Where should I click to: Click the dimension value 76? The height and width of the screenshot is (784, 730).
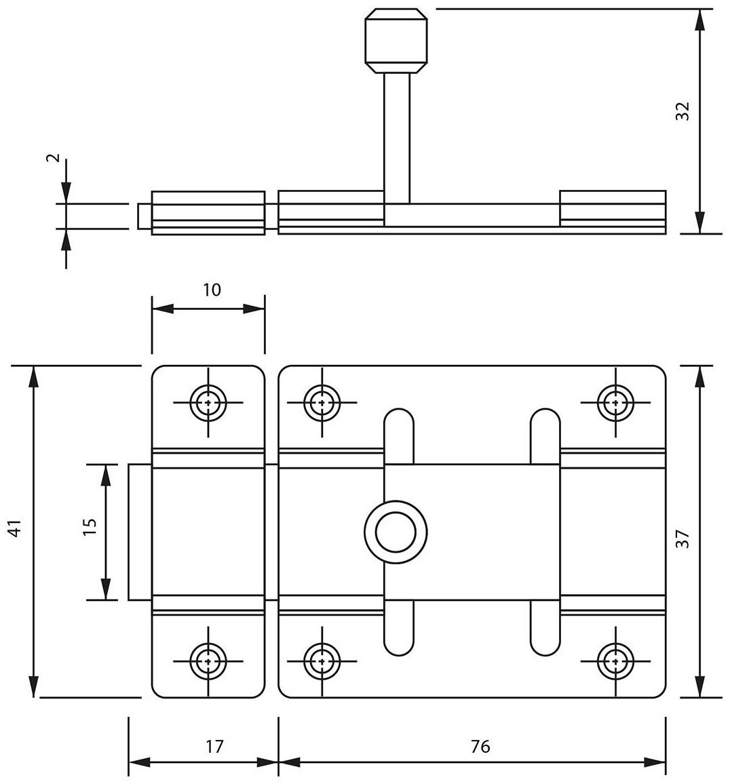click(x=480, y=746)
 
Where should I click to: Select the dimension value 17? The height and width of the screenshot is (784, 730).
click(x=214, y=746)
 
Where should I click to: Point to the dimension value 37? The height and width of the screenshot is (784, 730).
click(x=683, y=538)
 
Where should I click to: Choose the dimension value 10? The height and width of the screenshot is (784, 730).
click(x=212, y=290)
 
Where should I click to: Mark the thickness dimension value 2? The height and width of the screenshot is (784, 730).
click(x=54, y=158)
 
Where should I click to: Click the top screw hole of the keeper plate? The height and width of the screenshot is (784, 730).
click(x=208, y=402)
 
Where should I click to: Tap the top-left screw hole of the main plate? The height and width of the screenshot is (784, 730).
click(x=322, y=402)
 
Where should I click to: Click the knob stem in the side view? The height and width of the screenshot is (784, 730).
click(x=397, y=136)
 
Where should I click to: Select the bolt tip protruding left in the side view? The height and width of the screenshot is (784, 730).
click(x=145, y=216)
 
